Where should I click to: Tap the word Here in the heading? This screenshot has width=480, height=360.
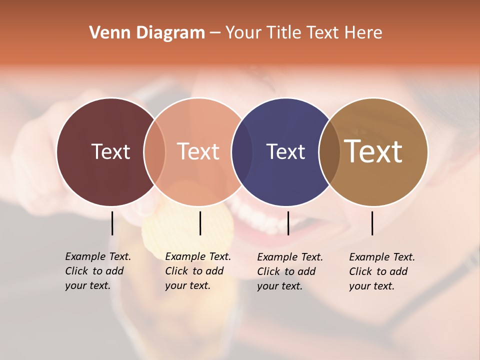(363, 33)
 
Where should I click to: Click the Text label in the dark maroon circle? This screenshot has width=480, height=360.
(110, 152)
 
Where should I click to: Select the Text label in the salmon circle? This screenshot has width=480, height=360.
(198, 152)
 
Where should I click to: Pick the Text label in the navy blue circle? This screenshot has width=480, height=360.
(285, 152)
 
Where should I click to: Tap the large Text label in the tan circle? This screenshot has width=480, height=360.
(373, 152)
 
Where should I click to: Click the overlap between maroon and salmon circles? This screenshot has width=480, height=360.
(154, 152)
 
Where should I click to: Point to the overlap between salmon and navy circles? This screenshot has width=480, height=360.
(242, 152)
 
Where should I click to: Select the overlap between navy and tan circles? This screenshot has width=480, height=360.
(329, 152)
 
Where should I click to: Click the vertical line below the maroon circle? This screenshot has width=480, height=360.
(112, 223)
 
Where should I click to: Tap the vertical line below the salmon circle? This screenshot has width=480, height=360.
(200, 223)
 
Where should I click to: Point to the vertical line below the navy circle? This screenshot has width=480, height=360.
(288, 223)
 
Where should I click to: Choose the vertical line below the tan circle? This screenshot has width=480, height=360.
(372, 223)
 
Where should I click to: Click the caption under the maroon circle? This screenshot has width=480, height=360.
(97, 271)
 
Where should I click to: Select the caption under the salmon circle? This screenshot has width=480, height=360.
(197, 271)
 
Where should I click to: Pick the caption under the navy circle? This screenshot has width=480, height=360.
(289, 271)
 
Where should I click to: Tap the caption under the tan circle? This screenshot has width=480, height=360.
(381, 271)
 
